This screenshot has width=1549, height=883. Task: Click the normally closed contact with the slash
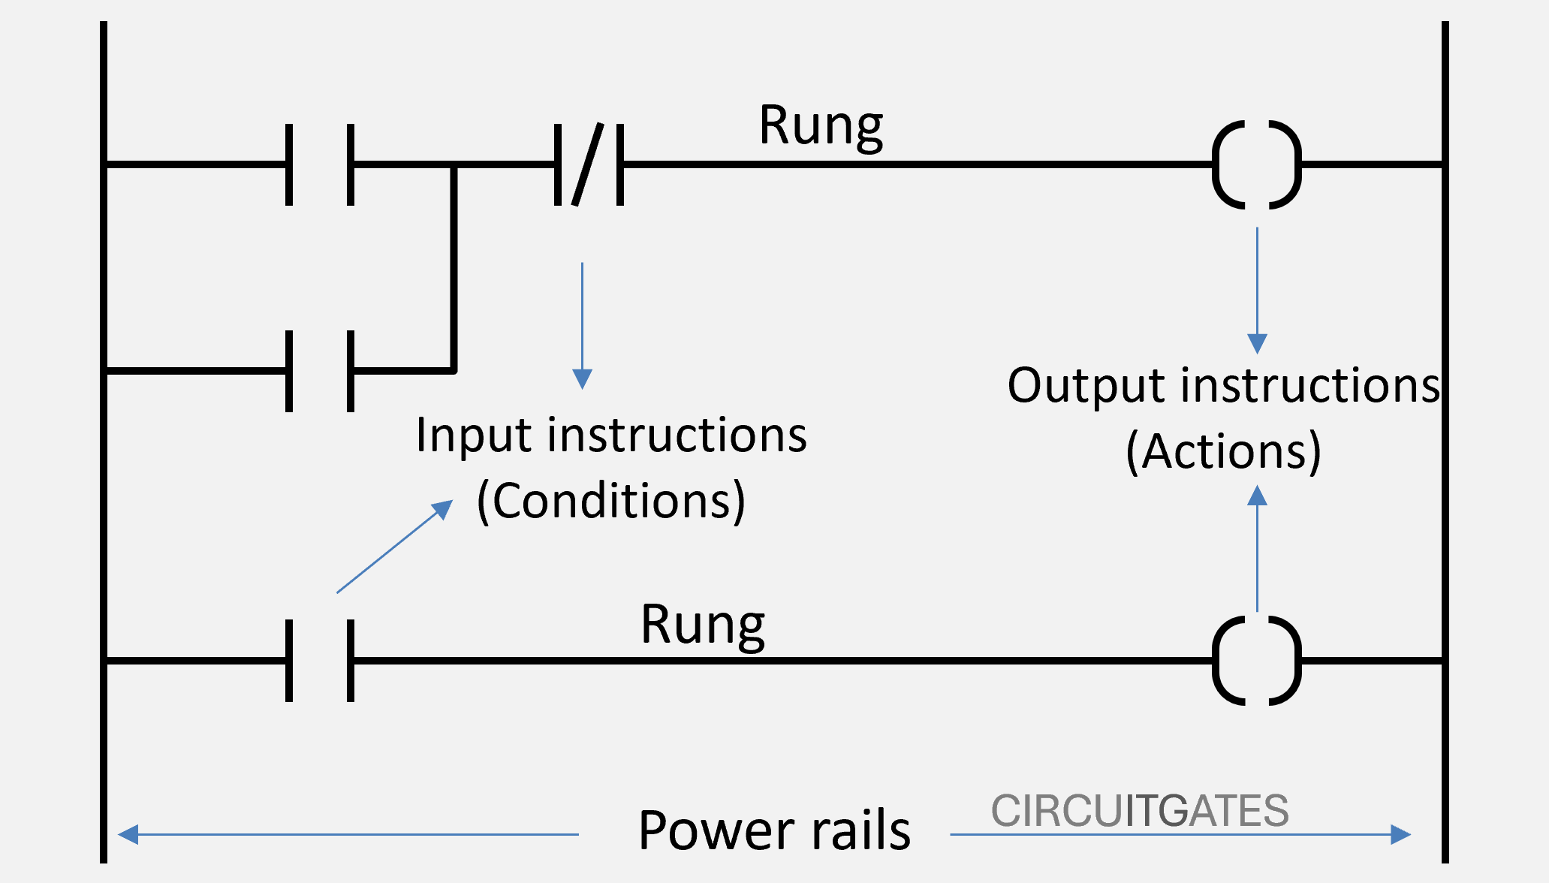(589, 164)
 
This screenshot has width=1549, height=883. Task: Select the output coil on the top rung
(1256, 164)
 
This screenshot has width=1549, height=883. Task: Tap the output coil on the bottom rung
(1256, 660)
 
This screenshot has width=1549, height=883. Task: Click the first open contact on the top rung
(320, 164)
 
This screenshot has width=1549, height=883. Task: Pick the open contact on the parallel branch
(320, 370)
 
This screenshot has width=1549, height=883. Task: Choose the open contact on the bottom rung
(320, 660)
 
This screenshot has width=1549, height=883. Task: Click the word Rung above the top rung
(820, 126)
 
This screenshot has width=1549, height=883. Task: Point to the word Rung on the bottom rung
(702, 625)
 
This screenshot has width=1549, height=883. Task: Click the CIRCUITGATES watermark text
(1139, 811)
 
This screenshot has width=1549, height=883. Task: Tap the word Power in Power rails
(716, 830)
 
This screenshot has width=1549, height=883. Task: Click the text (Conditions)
(610, 501)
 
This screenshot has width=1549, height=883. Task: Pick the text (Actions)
(1223, 451)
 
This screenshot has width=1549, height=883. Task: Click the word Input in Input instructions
(474, 435)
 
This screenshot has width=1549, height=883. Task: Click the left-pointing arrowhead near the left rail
(128, 834)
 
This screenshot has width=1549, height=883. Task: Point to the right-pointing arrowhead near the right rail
(1400, 834)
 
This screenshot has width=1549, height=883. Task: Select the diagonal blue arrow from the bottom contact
(394, 547)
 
